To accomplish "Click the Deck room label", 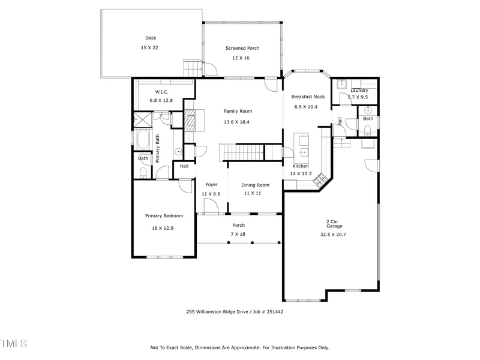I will tap(151, 38).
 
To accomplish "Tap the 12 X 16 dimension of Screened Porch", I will tap(241, 58).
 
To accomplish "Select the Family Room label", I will tap(238, 111).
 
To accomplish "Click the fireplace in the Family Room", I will tap(190, 120).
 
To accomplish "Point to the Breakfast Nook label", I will tap(308, 97).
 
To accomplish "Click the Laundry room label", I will tap(359, 91).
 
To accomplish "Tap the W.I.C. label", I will tap(161, 92).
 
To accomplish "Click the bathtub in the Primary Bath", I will tap(143, 140).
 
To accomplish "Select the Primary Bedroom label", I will tap(164, 216).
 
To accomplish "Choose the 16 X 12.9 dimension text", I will tap(164, 228).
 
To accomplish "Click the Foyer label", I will tap(211, 185).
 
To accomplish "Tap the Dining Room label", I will tap(256, 185).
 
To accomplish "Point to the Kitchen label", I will tap(301, 166).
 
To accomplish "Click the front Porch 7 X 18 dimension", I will tap(238, 234).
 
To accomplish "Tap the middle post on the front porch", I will tap(253, 242).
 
